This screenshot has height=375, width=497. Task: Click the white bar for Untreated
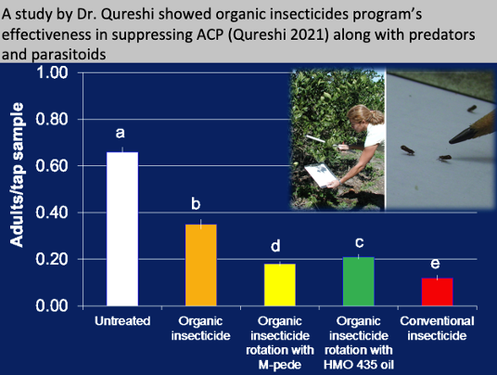pos(122,229)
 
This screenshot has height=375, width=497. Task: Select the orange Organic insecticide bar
pos(201,265)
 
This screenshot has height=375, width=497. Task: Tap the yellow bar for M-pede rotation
pos(280,285)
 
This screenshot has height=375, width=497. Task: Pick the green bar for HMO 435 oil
pos(359,281)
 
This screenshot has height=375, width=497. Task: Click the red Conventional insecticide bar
pos(437,291)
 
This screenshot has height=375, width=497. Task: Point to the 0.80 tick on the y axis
pos(52,120)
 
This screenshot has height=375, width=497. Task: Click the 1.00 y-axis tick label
pos(52,72)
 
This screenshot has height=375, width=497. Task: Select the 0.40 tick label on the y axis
pos(52,213)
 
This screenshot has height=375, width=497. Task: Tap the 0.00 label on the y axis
pos(52,305)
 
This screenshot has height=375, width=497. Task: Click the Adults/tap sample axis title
pos(17,175)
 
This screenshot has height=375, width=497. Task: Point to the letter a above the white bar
pos(121,133)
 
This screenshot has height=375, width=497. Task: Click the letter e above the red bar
pos(435,264)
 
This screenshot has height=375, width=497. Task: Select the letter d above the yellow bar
pos(275,246)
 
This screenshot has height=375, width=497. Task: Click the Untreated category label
pos(122,321)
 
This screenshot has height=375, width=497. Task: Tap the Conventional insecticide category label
pos(437,329)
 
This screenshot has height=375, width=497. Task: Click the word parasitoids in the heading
pos(69,54)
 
